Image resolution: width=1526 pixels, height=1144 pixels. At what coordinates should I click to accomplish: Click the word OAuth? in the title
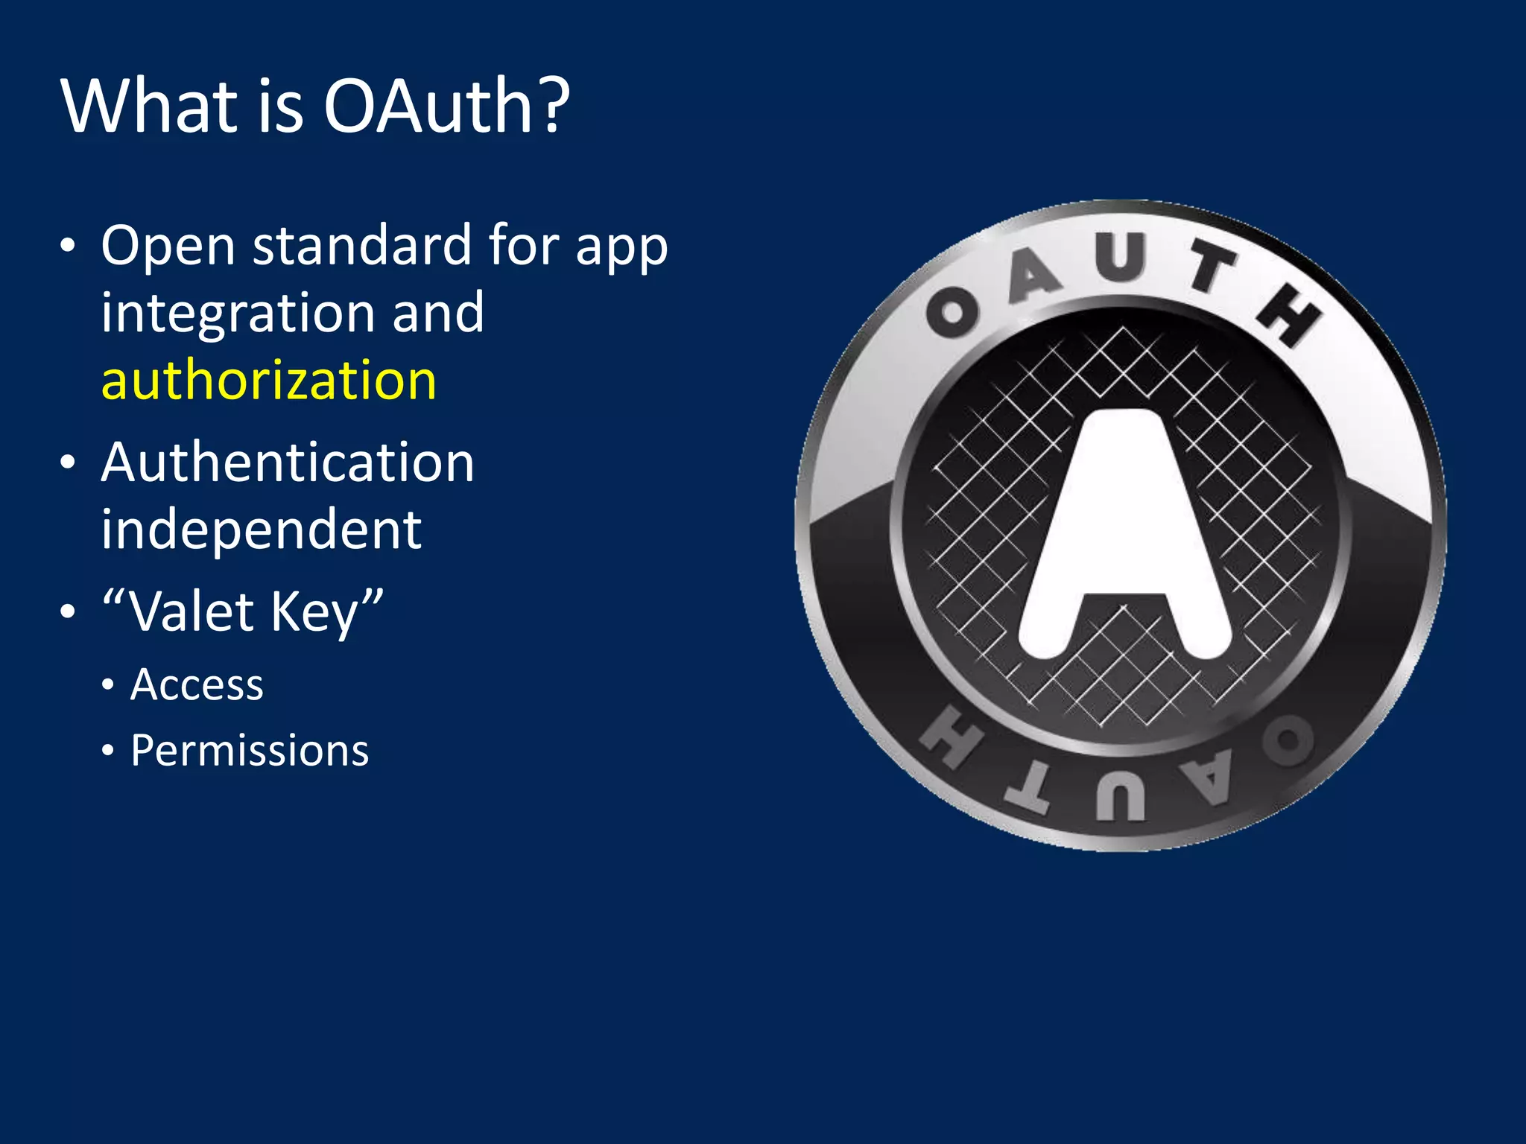446,106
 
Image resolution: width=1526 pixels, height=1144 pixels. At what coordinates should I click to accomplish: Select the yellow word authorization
268,380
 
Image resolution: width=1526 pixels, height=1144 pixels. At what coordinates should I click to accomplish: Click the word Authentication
288,463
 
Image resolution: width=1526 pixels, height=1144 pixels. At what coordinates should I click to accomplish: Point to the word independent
262,529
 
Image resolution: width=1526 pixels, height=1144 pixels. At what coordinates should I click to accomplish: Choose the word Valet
191,612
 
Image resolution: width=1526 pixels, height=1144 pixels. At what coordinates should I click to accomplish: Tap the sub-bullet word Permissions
250,750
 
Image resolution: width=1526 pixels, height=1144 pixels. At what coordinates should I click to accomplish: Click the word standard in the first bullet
362,245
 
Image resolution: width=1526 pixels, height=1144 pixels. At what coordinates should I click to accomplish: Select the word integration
239,313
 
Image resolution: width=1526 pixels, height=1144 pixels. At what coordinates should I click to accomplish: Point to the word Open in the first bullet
168,247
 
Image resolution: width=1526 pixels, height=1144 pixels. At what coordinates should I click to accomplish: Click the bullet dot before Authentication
68,463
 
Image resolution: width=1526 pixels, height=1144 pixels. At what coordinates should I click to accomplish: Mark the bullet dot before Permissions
109,751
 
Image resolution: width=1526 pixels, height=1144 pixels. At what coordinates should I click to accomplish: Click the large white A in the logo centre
1124,536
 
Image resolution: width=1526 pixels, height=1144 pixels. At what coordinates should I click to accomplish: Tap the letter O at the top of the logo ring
953,314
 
